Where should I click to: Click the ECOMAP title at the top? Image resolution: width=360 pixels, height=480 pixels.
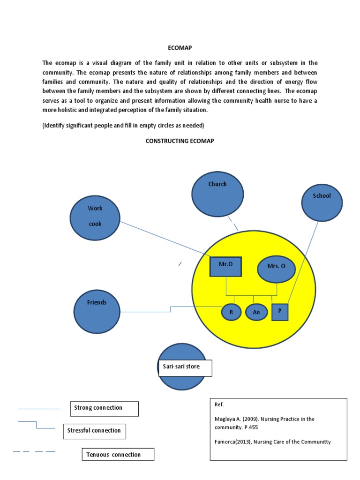[180, 48]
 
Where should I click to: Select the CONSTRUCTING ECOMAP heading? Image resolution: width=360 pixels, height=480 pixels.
[180, 141]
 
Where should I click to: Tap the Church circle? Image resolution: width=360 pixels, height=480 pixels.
[217, 193]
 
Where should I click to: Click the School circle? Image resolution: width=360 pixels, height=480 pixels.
[322, 202]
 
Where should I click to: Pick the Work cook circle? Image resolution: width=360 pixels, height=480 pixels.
[95, 217]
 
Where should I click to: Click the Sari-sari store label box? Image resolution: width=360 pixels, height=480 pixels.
[184, 368]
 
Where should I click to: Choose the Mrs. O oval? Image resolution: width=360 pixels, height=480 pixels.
[277, 269]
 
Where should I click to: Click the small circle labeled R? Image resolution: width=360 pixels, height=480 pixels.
[231, 312]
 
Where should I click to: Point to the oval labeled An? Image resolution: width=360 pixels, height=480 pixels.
[256, 312]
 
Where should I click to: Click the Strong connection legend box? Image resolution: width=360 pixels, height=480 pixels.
[104, 408]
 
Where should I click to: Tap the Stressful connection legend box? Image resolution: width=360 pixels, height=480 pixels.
[94, 431]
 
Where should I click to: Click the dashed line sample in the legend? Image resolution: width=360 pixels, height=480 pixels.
[34, 452]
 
